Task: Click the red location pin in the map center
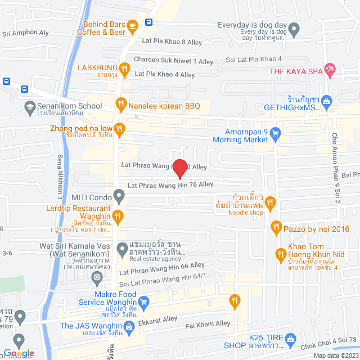(179, 168)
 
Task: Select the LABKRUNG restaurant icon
(124, 68)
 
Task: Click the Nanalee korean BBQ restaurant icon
(120, 103)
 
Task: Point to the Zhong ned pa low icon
(118, 128)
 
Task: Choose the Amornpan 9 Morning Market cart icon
(275, 133)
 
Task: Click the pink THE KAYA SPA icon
(330, 70)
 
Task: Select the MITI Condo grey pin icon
(118, 196)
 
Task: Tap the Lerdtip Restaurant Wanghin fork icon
(118, 214)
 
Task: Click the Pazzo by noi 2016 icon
(276, 228)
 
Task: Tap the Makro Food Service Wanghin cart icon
(143, 302)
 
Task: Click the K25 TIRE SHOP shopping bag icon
(290, 339)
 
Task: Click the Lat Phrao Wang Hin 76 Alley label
(170, 184)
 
